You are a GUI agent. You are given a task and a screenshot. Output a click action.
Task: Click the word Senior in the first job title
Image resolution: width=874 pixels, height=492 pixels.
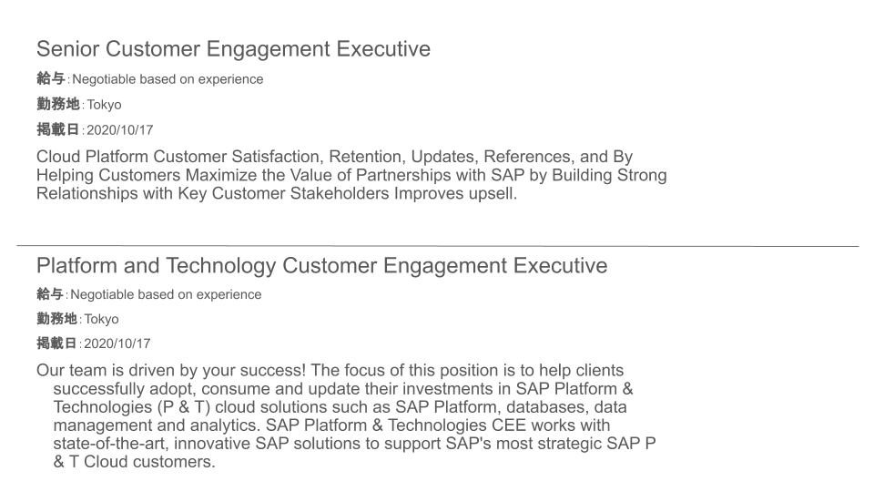(x=68, y=49)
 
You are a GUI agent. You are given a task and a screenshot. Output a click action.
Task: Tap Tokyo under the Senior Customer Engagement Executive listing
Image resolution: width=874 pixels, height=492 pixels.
(x=104, y=105)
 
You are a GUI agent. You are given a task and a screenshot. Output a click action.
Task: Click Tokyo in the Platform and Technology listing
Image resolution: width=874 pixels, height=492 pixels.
(x=101, y=319)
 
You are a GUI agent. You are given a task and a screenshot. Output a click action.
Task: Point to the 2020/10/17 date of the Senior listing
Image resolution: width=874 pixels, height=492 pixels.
(x=120, y=130)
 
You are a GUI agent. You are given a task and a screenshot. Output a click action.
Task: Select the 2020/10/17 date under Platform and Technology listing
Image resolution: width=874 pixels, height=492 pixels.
(x=117, y=343)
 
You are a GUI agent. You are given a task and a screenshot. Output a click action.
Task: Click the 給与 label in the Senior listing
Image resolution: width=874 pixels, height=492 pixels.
(x=51, y=78)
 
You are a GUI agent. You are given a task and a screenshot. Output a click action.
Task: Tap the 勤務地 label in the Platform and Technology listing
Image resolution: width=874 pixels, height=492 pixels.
(x=56, y=319)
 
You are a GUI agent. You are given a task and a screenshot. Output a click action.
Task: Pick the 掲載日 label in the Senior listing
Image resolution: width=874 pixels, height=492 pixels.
(x=58, y=129)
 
